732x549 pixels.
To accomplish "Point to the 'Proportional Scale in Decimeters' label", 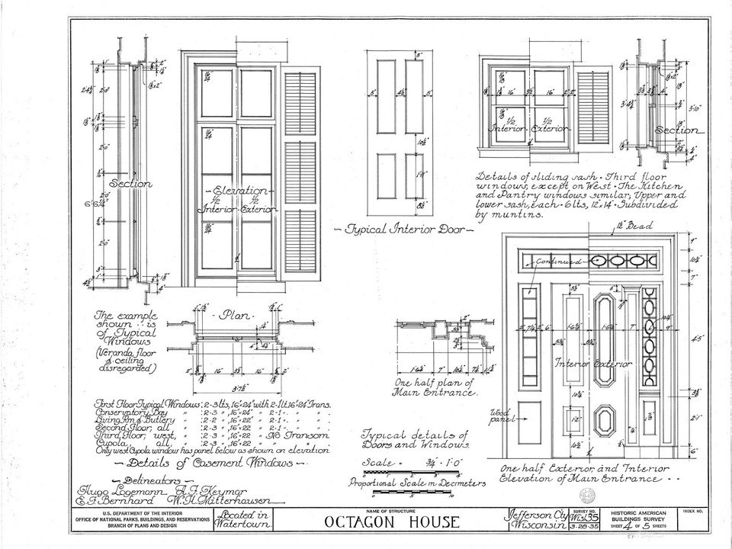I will point(417,481).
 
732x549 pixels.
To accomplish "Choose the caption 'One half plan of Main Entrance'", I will point(435,387).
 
